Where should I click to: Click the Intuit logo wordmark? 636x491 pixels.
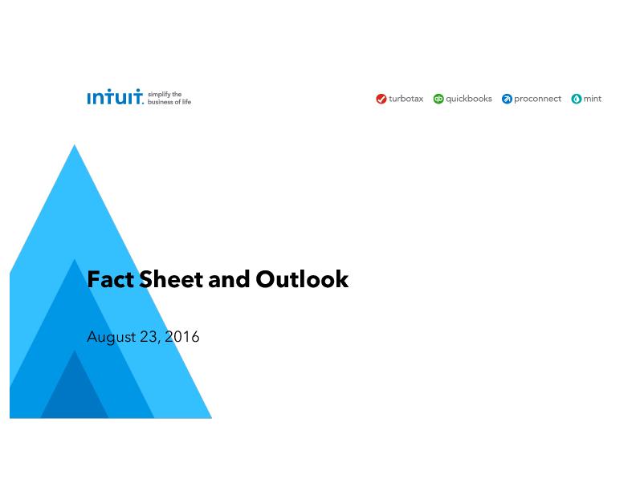point(115,97)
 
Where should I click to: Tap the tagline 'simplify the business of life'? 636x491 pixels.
point(169,98)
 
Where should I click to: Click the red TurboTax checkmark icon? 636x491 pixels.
point(381,99)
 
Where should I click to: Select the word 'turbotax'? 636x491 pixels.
point(406,99)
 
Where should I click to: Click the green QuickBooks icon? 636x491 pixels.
point(438,99)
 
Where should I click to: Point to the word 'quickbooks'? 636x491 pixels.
point(469,99)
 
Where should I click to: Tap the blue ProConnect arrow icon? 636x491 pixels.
point(507,99)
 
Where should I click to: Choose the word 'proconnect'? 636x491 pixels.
point(538,99)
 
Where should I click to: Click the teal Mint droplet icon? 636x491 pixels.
point(577,99)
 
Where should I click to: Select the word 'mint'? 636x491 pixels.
point(593,99)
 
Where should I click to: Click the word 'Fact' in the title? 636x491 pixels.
point(110,279)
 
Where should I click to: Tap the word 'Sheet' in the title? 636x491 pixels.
point(171,279)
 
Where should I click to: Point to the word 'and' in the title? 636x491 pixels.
point(229,279)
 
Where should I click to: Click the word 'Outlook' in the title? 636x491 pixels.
point(302,279)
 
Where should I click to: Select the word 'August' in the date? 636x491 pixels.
point(112,338)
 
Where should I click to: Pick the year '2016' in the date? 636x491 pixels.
point(182,337)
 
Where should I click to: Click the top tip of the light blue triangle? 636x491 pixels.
point(74,144)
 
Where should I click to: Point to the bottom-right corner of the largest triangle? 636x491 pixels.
point(212,418)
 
